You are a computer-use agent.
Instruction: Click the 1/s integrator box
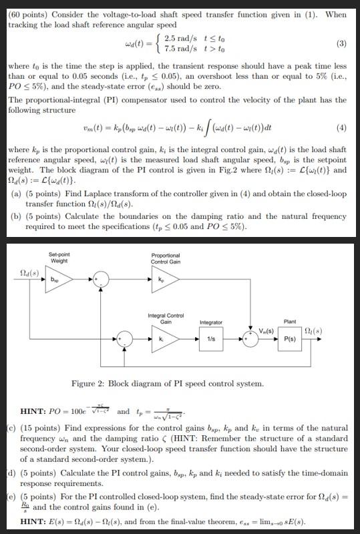pos(211,339)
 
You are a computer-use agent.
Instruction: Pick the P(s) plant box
pos(290,339)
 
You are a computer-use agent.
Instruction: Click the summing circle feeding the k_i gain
pos(123,338)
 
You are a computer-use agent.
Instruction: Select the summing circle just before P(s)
pos(250,339)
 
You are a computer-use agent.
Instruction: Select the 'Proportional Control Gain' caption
pos(165,258)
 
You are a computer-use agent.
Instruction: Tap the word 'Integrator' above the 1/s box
pos(211,323)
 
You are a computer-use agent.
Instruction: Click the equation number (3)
pos(341,45)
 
